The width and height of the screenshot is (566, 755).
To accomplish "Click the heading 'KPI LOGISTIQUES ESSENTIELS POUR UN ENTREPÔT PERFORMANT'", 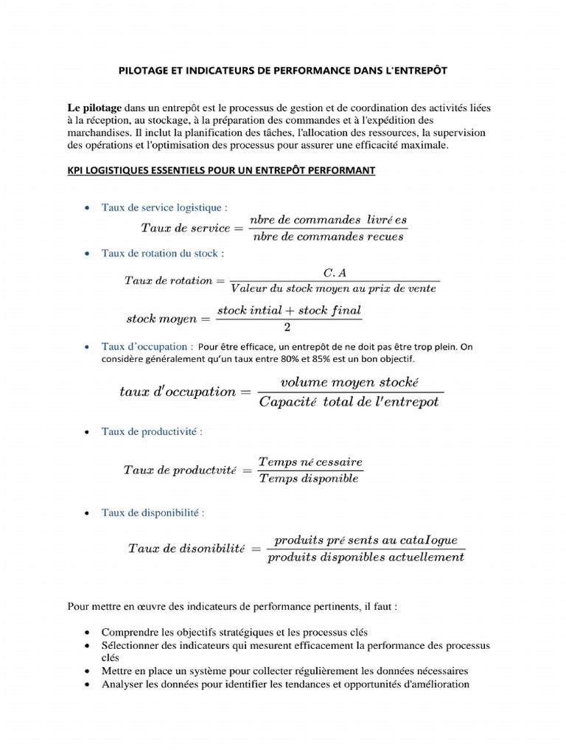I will (x=221, y=170).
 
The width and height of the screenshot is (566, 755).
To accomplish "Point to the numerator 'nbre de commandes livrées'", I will (x=328, y=220).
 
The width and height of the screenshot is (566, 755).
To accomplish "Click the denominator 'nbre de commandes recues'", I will (x=328, y=237).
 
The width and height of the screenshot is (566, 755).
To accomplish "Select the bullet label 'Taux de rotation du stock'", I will (x=162, y=253).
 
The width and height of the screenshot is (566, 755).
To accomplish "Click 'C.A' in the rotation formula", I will (x=335, y=272).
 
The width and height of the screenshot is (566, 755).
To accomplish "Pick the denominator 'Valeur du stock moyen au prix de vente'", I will (x=334, y=289).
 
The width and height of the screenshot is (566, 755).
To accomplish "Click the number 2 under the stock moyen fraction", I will (x=287, y=327).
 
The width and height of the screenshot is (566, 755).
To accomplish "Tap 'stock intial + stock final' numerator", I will (x=289, y=310).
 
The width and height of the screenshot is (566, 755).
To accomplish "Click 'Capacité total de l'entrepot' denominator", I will (x=349, y=402).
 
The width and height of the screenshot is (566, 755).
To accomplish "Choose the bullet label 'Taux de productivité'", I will (x=151, y=431).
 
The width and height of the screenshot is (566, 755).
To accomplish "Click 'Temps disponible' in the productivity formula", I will (x=309, y=479).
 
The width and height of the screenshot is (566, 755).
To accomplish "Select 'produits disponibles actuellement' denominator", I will (x=366, y=557).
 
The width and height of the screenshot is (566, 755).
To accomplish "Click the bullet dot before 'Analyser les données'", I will (x=87, y=684).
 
